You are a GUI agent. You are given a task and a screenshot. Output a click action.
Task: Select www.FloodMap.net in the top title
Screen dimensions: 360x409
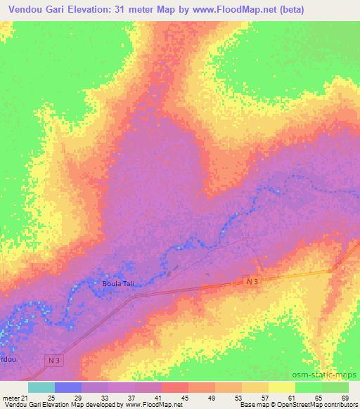tap(232, 9)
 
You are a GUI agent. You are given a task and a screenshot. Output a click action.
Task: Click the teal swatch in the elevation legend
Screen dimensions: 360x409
tap(41, 388)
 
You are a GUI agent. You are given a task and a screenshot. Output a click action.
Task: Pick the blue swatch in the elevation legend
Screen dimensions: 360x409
tap(68, 388)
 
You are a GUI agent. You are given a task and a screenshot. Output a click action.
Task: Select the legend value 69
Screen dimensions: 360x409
tap(345, 398)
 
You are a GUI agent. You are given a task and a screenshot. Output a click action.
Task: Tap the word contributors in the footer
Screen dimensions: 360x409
tap(336, 405)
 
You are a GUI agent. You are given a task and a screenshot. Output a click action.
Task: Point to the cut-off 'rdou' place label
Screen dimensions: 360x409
tap(8, 358)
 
